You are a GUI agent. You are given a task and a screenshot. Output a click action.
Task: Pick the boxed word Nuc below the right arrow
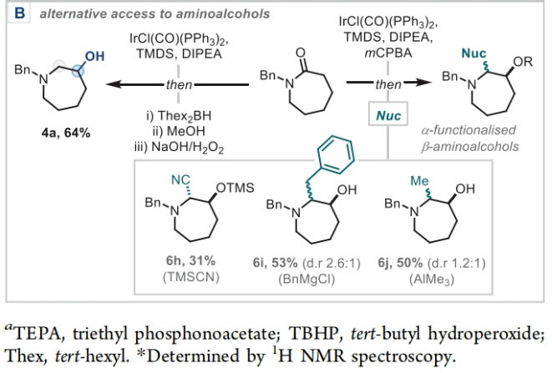(384, 110)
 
